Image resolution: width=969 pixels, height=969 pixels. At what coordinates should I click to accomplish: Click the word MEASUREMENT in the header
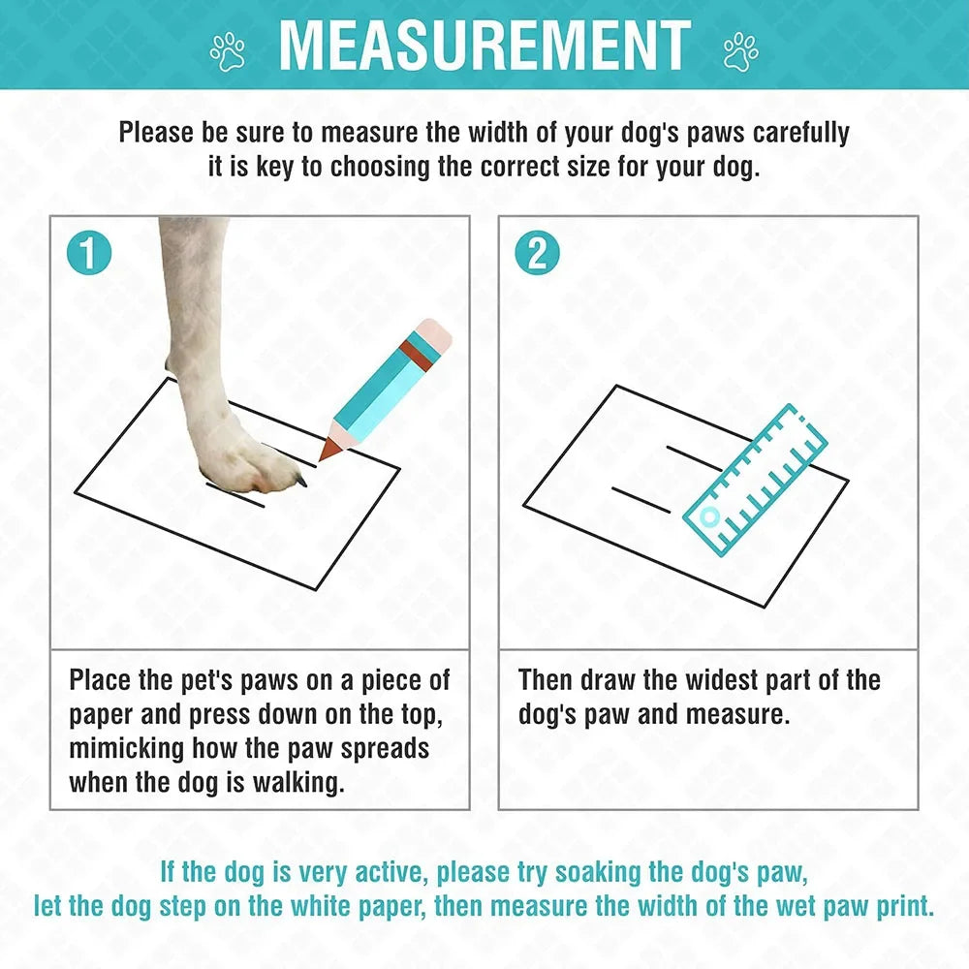click(484, 45)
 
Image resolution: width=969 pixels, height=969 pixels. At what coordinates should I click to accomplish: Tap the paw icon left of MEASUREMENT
click(230, 51)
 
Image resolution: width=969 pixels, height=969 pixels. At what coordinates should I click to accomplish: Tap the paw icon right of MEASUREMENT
click(740, 51)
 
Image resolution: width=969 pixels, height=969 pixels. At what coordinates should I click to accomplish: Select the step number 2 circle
click(537, 254)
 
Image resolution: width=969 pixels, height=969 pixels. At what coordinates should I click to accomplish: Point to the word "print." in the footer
click(900, 907)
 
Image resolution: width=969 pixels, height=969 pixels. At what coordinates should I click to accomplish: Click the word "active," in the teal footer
click(376, 872)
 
